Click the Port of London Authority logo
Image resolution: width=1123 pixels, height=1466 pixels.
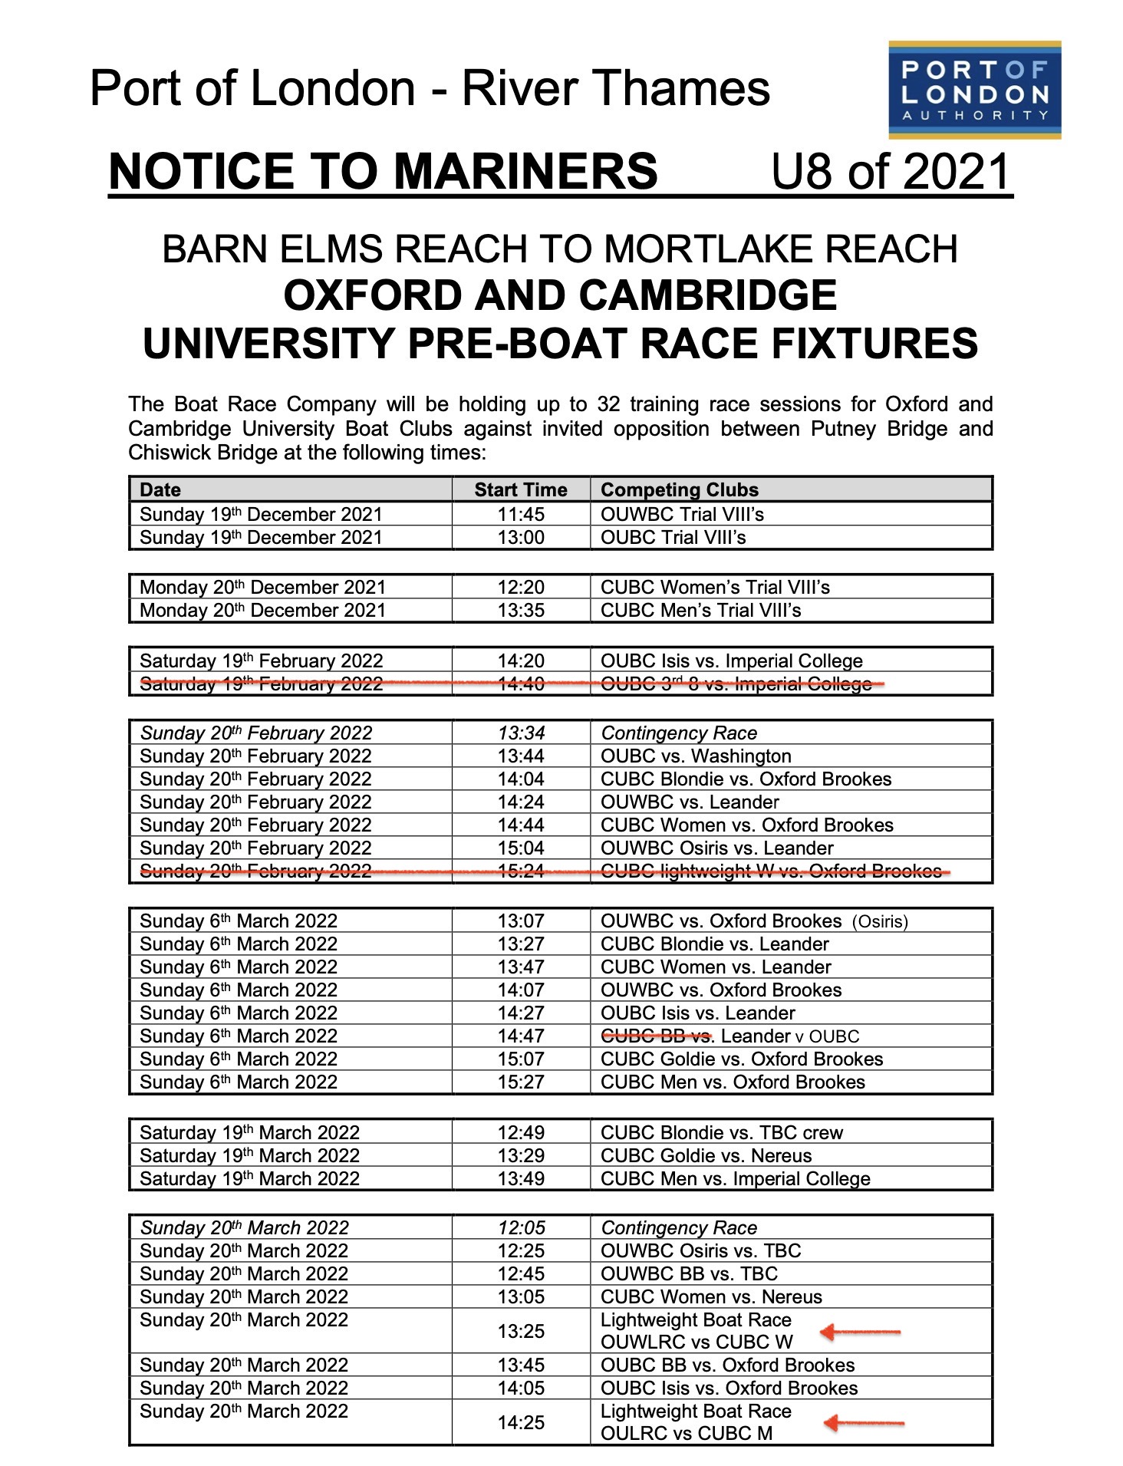tap(974, 91)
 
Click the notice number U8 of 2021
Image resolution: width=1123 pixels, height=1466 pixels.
tap(890, 171)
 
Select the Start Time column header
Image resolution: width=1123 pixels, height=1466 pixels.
tap(520, 489)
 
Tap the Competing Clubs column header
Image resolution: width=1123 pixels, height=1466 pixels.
tap(679, 489)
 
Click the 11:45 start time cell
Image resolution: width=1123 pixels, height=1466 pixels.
tap(520, 514)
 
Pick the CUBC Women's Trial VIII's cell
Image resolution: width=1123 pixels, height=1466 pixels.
tap(715, 587)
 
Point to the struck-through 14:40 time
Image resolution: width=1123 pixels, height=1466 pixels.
tap(520, 684)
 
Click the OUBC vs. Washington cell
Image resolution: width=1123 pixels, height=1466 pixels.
tap(696, 756)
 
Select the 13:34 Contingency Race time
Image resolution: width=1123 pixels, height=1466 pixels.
tap(520, 733)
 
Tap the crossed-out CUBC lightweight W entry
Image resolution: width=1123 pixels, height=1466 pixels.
tap(770, 871)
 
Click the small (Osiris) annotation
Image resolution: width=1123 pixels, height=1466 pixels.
tap(880, 921)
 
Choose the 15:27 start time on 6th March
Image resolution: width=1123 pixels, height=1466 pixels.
tap(520, 1082)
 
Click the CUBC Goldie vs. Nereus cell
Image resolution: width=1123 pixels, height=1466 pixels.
tap(706, 1155)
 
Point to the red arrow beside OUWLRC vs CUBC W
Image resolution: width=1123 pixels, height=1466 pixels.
tap(859, 1333)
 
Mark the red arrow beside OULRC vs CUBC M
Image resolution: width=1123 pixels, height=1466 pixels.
tap(863, 1424)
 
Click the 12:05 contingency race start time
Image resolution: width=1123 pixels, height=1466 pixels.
tap(520, 1227)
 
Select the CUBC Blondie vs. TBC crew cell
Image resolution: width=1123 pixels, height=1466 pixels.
tap(721, 1132)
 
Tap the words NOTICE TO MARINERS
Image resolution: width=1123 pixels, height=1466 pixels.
tap(383, 171)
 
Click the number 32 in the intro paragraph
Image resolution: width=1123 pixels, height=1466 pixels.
tap(608, 404)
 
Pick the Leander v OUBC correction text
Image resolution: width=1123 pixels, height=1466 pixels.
tap(790, 1036)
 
